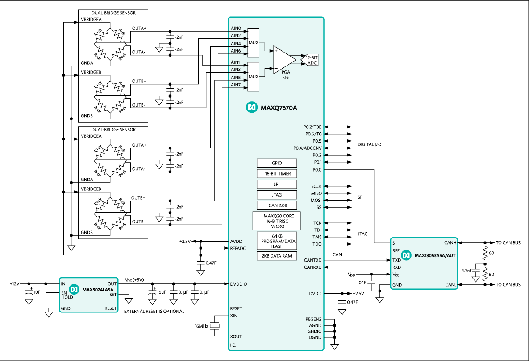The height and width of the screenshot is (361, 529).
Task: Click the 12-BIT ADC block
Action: (312, 60)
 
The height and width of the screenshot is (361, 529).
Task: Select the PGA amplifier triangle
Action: (283, 60)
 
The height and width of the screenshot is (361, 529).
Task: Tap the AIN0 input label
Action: (236, 29)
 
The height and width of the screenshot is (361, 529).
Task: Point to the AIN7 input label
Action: (236, 85)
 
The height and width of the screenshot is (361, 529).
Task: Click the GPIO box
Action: (277, 163)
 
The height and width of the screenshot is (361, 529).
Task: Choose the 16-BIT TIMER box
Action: (277, 173)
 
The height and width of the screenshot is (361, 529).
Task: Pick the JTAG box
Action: (277, 195)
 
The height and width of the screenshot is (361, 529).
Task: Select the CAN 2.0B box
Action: (277, 205)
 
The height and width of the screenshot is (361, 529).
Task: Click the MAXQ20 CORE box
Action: (276, 221)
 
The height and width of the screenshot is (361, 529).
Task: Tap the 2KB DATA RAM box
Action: (277, 256)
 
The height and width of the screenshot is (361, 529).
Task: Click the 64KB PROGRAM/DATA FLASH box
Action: (277, 241)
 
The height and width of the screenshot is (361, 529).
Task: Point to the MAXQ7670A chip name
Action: (279, 107)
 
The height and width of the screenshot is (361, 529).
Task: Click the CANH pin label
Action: (450, 243)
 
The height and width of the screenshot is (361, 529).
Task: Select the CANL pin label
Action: (450, 285)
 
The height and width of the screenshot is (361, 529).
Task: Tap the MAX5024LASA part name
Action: (98, 290)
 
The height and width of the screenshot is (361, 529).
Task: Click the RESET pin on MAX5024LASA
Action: (110, 308)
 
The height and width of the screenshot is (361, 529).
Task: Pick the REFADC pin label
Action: (238, 249)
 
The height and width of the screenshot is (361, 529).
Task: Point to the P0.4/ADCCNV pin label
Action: (307, 148)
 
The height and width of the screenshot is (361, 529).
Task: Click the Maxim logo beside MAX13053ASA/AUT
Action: (406, 255)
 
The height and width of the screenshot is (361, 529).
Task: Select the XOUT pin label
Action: (236, 336)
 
